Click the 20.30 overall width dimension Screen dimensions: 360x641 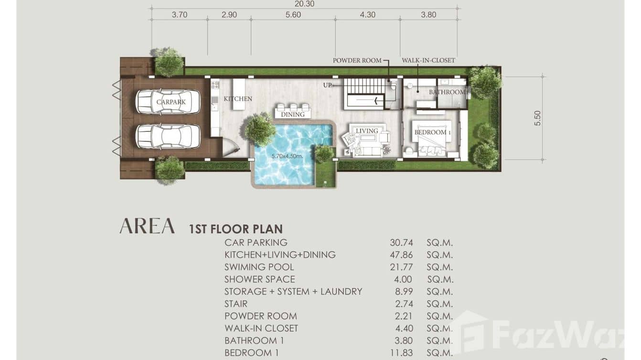(304, 4)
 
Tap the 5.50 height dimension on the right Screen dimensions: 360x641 (537, 118)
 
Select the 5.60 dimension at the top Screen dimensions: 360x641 (293, 15)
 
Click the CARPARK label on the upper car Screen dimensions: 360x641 (171, 102)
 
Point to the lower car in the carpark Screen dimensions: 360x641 (168, 137)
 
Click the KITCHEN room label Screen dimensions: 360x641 (238, 99)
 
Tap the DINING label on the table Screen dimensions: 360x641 (293, 115)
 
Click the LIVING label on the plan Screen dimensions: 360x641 (367, 131)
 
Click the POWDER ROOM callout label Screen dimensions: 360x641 (357, 61)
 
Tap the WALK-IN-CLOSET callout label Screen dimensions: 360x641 (428, 61)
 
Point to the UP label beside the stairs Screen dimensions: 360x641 (327, 85)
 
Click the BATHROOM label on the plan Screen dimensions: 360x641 (447, 92)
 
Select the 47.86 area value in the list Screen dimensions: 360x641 (401, 255)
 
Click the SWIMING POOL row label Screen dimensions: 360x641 (259, 267)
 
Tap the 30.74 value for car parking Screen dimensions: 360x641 (401, 243)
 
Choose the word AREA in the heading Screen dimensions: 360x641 (147, 226)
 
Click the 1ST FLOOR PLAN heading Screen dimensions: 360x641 (236, 229)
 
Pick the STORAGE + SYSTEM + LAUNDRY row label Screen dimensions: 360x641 (293, 292)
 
